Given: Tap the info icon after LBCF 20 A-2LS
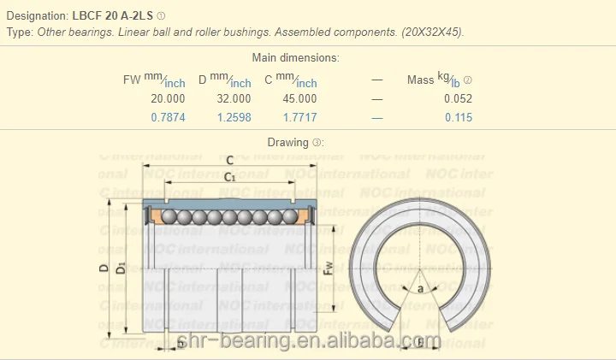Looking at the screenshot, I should point(162,15).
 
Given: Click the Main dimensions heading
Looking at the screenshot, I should point(295,58).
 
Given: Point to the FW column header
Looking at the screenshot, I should point(132,80).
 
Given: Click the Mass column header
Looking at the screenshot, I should point(420,80).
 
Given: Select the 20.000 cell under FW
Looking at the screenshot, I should point(168,98).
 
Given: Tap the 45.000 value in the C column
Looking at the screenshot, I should point(299,98).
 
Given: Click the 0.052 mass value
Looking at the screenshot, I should point(458,98).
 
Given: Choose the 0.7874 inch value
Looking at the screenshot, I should point(168,118).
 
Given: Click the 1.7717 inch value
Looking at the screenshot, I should point(299,118).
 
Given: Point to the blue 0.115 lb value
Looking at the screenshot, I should point(458,118).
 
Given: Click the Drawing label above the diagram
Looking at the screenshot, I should point(287,143).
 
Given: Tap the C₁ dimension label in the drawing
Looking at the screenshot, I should point(229,176).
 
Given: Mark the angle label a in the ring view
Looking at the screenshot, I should point(420,288).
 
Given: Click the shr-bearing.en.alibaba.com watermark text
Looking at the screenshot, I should point(308,343).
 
